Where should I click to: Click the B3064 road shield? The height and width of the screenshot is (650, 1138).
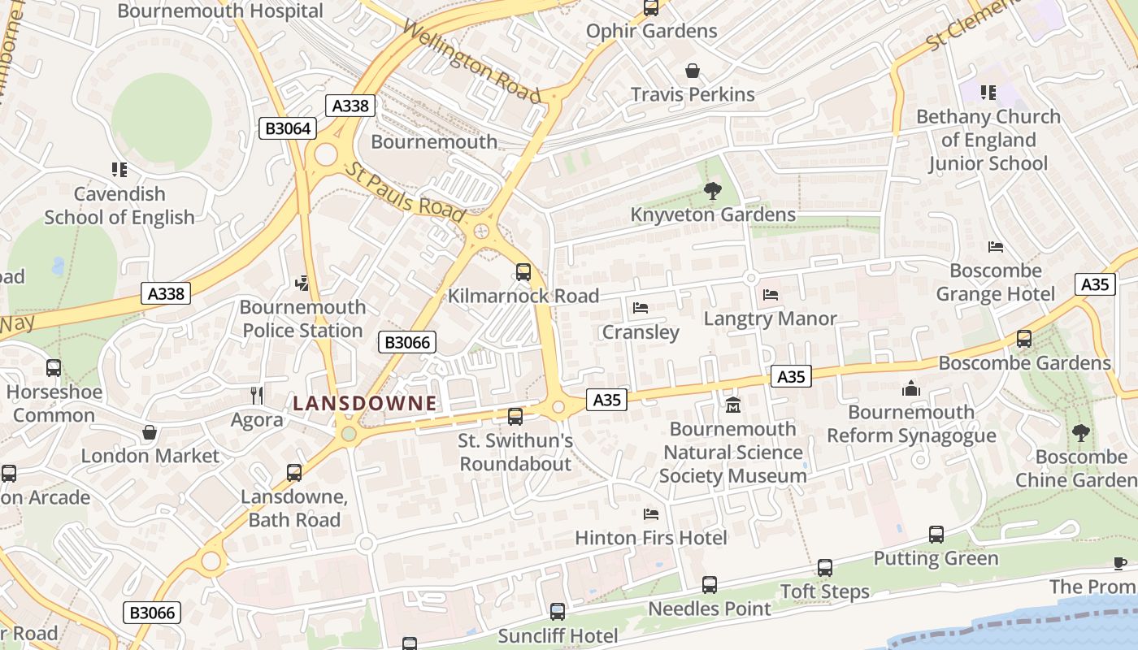287,128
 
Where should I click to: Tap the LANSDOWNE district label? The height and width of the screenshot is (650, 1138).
365,403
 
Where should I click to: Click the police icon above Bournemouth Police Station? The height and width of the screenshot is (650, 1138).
302,283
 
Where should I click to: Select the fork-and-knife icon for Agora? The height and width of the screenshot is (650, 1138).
257,396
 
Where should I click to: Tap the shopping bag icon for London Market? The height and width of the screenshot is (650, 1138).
150,432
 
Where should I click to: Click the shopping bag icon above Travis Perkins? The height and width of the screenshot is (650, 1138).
692,71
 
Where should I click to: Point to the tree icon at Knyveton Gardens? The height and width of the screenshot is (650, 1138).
713,191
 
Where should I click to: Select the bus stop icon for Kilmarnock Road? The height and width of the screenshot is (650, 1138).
523,272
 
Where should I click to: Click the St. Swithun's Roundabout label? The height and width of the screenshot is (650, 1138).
515,452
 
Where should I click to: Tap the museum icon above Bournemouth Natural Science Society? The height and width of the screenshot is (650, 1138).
733,405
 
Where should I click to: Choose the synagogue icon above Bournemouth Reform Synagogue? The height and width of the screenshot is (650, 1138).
911,388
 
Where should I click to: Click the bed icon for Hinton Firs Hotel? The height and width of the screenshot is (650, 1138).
650,513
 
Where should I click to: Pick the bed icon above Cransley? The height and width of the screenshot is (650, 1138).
641,308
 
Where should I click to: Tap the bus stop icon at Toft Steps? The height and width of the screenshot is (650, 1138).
825,568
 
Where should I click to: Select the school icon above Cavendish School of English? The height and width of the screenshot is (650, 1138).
119,170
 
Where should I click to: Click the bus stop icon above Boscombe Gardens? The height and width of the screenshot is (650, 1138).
1024,339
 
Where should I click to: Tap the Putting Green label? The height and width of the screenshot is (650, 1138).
936,558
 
